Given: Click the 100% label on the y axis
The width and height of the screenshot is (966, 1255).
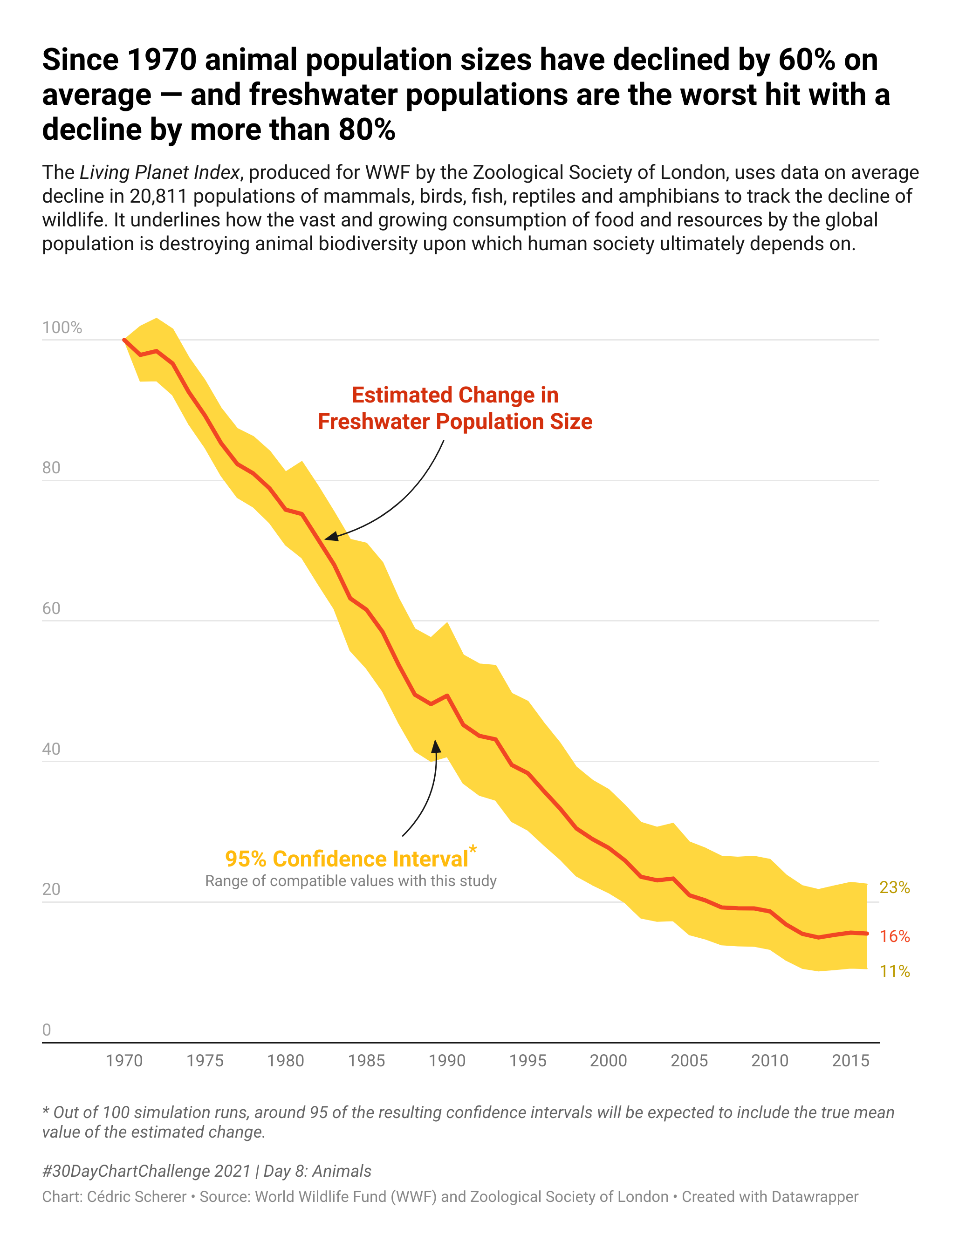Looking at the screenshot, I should [x=62, y=327].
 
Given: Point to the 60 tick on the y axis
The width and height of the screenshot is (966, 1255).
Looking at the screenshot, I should [x=51, y=608].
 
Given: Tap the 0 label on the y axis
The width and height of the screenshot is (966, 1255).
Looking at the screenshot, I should [x=47, y=1030].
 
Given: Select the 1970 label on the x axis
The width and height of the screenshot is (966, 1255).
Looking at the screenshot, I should [x=124, y=1060].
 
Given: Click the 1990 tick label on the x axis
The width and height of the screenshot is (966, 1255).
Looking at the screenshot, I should [x=447, y=1060].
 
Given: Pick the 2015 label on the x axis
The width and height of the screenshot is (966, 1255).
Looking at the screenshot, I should [x=850, y=1060].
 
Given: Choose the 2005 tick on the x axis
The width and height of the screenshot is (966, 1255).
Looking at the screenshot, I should [x=689, y=1060].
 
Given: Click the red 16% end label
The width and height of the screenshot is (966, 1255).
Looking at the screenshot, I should [x=895, y=937].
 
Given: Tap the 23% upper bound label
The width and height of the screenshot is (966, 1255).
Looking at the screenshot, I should [x=895, y=888].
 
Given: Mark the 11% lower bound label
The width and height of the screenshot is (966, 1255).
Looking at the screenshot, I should [x=895, y=972].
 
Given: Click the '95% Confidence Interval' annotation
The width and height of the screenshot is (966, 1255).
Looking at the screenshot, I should [x=347, y=859].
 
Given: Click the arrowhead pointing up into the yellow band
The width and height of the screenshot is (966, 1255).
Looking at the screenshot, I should [x=436, y=746].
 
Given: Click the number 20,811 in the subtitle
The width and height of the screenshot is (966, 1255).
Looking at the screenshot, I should [x=158, y=197].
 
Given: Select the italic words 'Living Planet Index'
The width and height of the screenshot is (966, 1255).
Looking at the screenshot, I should [x=159, y=172].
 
